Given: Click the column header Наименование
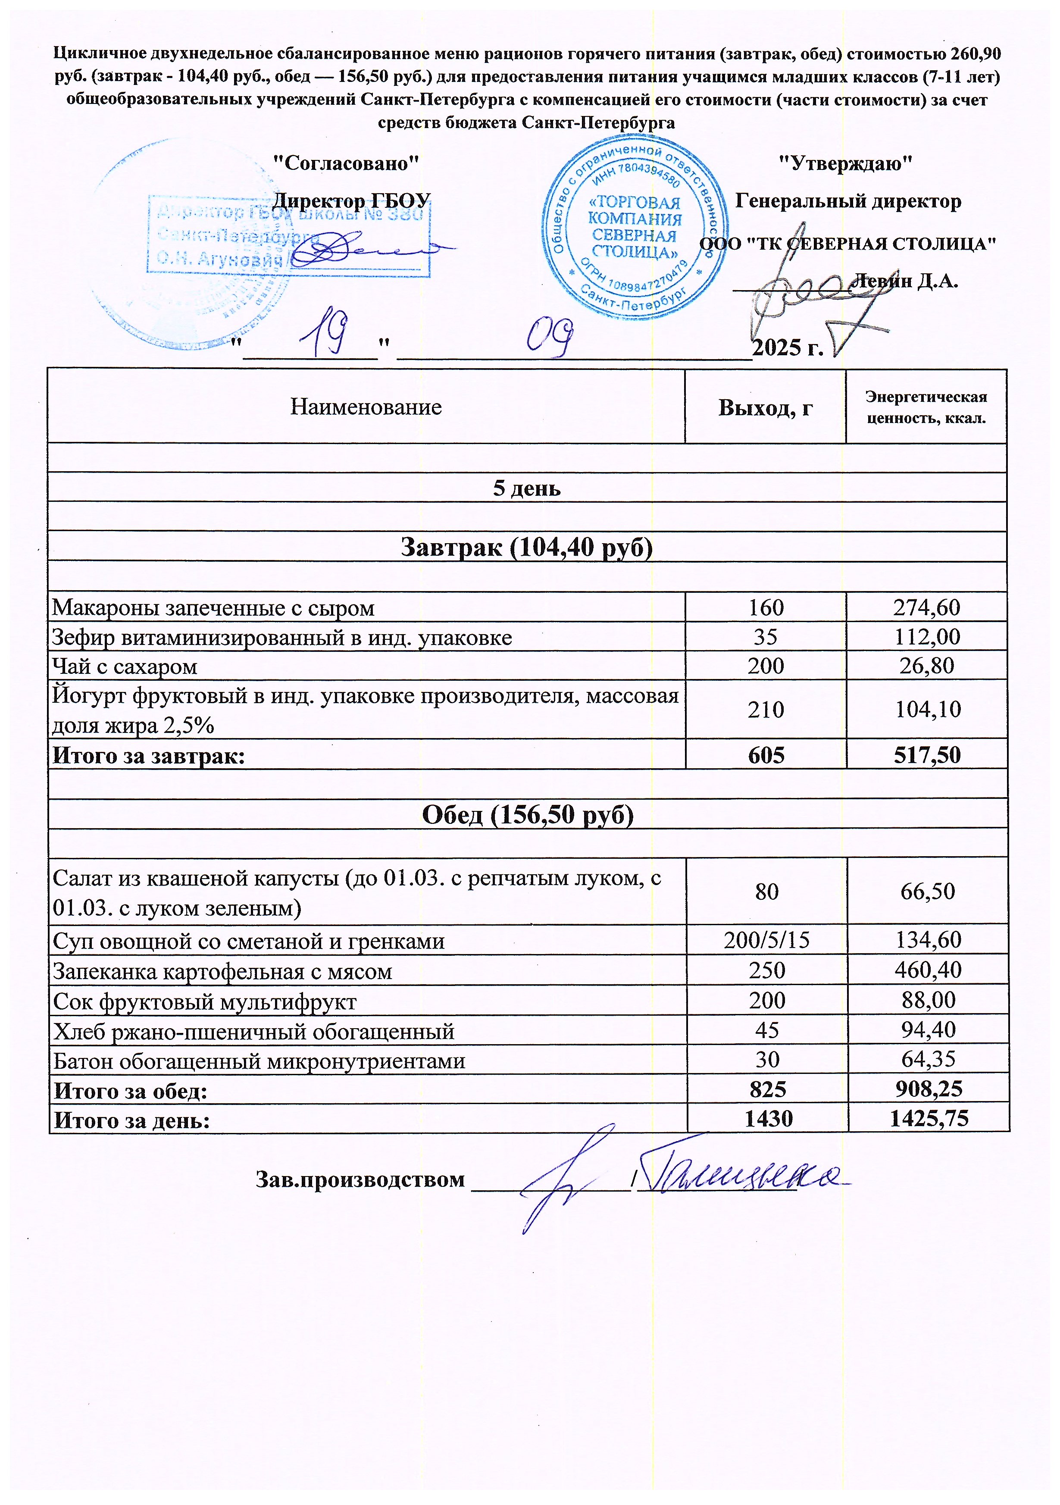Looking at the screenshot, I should click(x=366, y=407).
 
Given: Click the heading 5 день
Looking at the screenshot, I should click(x=527, y=488).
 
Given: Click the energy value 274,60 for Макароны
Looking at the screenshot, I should click(x=926, y=607).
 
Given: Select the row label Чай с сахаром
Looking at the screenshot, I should click(x=125, y=666).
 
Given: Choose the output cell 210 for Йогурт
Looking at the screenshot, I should click(x=766, y=709).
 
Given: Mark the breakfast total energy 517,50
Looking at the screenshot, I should click(x=927, y=755).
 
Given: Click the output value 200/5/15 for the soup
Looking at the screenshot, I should click(x=766, y=941).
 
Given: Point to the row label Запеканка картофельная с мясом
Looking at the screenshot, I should click(x=222, y=971).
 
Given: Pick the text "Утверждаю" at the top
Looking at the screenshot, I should click(x=846, y=163).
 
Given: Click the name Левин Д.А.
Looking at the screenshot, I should click(x=905, y=281).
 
